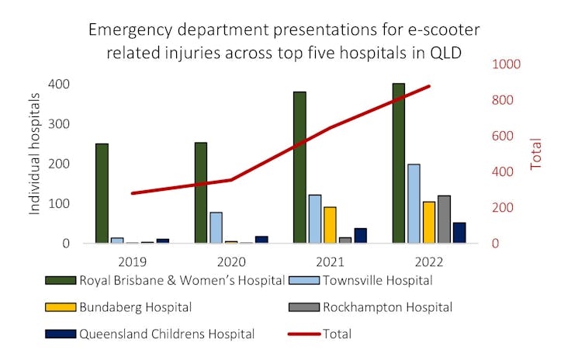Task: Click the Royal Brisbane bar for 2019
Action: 102,193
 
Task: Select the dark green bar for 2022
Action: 398,163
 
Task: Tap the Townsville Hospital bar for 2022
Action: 414,203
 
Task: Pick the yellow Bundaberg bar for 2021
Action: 330,225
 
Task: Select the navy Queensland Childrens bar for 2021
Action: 361,236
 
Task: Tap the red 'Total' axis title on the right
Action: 536,154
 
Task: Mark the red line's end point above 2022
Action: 429,86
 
